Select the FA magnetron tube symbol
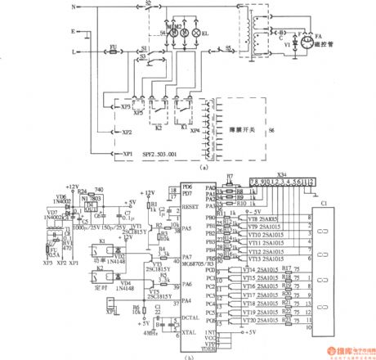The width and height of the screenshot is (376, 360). (x=309, y=40)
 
